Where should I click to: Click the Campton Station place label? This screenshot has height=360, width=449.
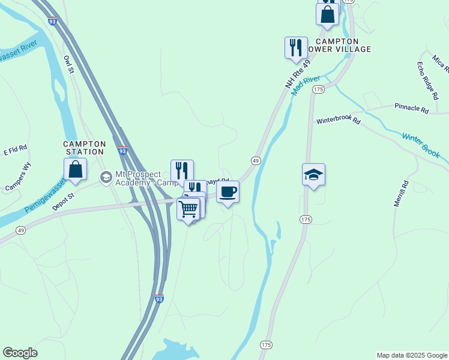click(x=85, y=148)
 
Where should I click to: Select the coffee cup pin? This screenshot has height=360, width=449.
click(x=228, y=193)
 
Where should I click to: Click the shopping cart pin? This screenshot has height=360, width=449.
click(x=188, y=209)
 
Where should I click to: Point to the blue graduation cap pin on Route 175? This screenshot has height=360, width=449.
click(x=313, y=175)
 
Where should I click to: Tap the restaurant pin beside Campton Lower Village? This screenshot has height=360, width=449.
click(x=295, y=48)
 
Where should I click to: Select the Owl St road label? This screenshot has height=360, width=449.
click(x=68, y=65)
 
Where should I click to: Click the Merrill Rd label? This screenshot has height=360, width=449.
click(x=400, y=194)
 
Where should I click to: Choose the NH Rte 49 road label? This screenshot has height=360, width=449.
click(x=298, y=74)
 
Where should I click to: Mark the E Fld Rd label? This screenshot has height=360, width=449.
click(x=16, y=149)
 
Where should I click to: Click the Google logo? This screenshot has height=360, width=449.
click(x=20, y=353)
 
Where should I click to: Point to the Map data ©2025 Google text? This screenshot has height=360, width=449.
click(x=411, y=355)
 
